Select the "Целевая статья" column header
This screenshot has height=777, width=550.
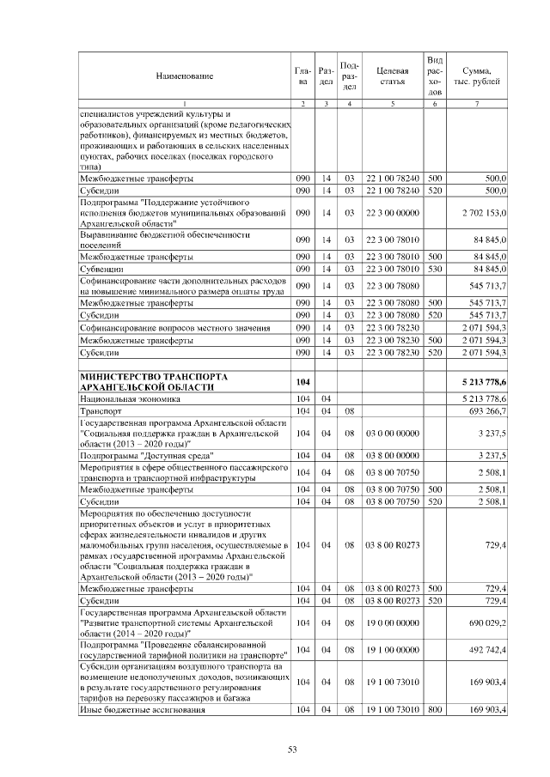pyautogui.click(x=392, y=76)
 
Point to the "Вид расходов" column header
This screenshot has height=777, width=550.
pyautogui.click(x=435, y=76)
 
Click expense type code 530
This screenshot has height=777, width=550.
pyautogui.click(x=435, y=269)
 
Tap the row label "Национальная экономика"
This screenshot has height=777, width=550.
pyautogui.click(x=130, y=399)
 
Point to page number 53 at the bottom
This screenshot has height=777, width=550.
pyautogui.click(x=292, y=750)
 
